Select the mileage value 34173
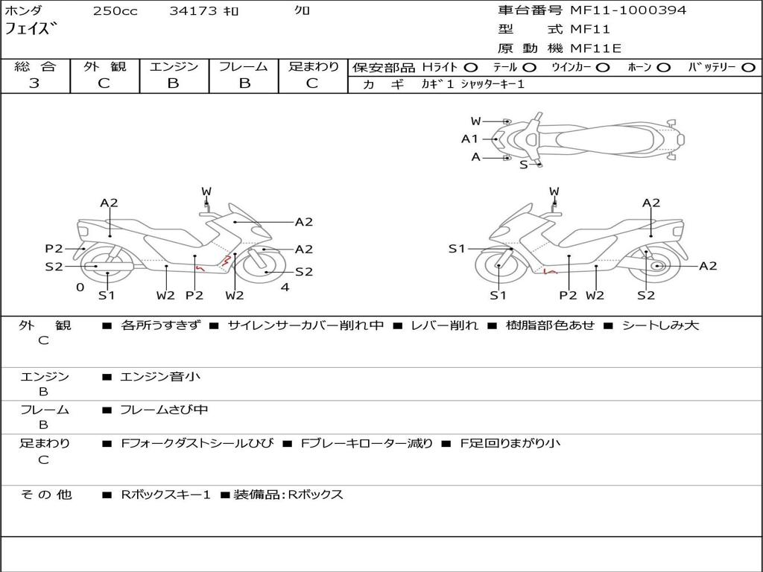point(193,11)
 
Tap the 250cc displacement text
point(115,11)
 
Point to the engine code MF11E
point(595,48)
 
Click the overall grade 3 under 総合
point(34,83)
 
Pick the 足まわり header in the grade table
point(314,67)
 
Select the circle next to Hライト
point(471,68)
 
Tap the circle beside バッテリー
point(748,68)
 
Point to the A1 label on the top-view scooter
point(469,139)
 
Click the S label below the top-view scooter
point(523,165)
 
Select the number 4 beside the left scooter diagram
point(285,287)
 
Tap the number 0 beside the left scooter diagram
point(80,287)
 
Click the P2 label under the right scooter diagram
point(568,296)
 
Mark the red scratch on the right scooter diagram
point(550,272)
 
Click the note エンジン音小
point(160,377)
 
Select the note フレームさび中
point(164,410)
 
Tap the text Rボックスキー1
point(166,495)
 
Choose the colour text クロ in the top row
point(303,11)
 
